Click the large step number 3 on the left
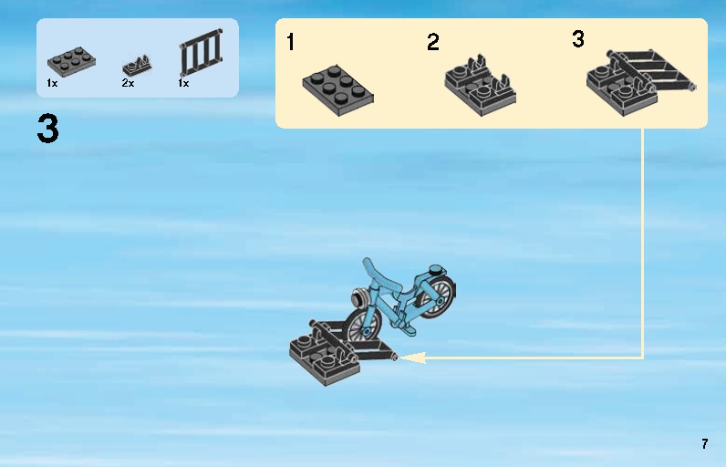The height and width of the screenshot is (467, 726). pos(47,129)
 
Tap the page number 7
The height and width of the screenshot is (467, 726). pos(705,444)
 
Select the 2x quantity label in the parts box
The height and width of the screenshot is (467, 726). pos(128,83)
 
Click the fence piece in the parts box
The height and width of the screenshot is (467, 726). pos(202,52)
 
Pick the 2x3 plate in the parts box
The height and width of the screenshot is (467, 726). pos(71,61)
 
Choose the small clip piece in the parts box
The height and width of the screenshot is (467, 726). pos(137,67)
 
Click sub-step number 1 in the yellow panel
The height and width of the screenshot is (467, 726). pos(290,42)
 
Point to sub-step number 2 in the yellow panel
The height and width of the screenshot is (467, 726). pos(433,42)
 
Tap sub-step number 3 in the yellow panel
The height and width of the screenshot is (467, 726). pos(578,39)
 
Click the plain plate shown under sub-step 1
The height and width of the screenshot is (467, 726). pos(338,89)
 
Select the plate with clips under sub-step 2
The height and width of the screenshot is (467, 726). pos(481,86)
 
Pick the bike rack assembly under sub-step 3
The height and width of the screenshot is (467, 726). pos(641,82)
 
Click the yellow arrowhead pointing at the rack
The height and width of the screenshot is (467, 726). pos(411,358)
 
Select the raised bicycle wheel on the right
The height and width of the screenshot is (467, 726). pos(437,296)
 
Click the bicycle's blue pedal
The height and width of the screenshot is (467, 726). pos(409,329)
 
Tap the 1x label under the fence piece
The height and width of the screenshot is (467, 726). pos(184,83)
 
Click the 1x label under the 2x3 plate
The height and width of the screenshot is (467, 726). pos(52,83)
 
